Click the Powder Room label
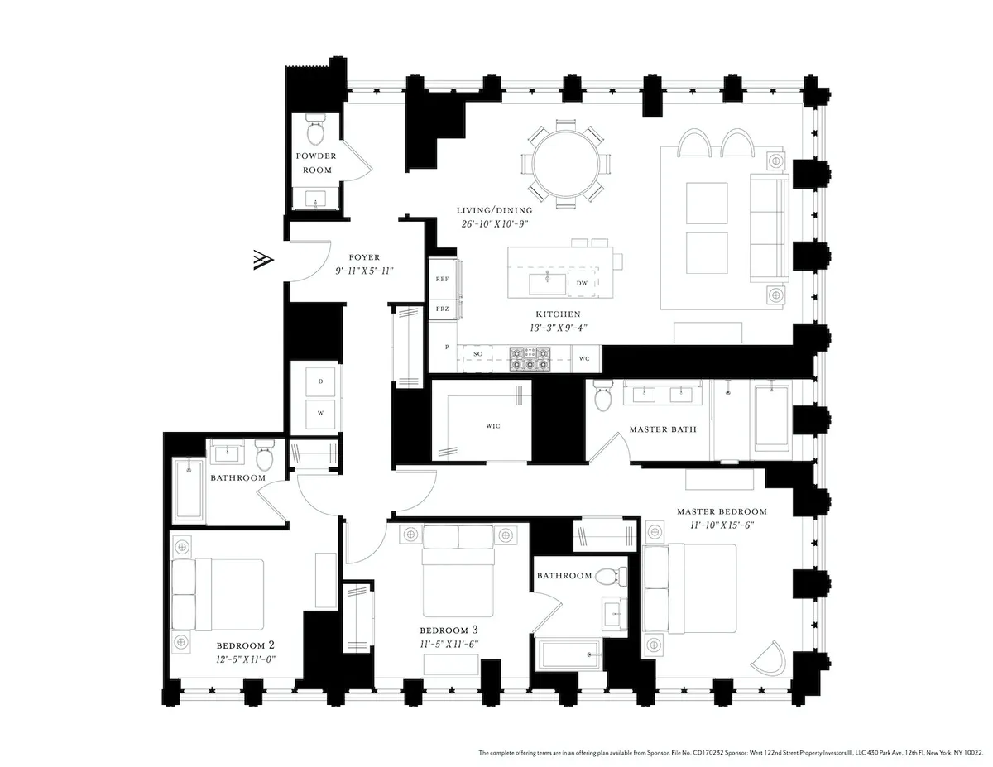coord(314,163)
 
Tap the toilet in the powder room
coord(315,130)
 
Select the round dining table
coord(566,163)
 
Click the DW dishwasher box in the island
coord(582,283)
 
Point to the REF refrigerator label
coord(443,280)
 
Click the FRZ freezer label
coord(443,309)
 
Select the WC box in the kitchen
coord(584,358)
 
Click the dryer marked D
coord(319,381)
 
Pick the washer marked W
coord(319,413)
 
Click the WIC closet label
coord(493,426)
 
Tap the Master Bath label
coord(663,429)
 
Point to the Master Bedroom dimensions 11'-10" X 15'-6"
coord(716,525)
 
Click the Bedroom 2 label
coord(245,645)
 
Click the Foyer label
coord(363,257)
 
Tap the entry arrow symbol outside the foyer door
coord(261,260)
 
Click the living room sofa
coord(769,228)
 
